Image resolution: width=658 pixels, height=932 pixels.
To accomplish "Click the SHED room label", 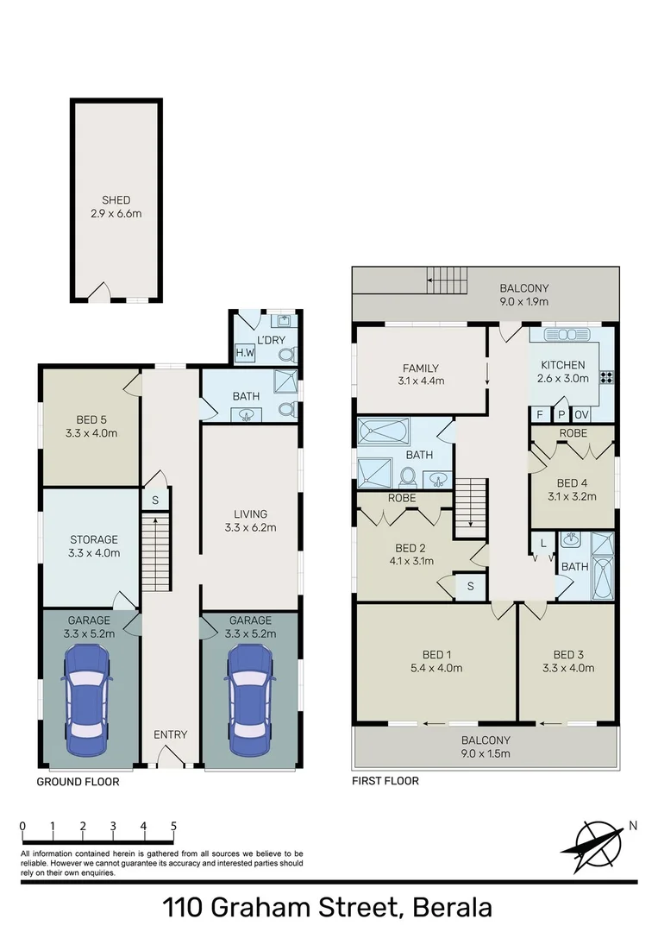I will point(116,200).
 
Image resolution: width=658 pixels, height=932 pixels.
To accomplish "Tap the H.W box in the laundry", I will point(244,353).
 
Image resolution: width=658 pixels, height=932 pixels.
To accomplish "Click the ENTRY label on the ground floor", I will point(170,734).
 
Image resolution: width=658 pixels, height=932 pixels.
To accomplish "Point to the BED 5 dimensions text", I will point(90,433).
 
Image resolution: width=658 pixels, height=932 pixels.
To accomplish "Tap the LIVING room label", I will point(250,514).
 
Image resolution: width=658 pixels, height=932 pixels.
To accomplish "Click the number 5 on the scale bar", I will point(173,826).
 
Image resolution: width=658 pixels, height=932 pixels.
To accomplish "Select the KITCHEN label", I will point(563,365).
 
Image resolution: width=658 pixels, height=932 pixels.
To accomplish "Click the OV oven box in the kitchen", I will point(581,414).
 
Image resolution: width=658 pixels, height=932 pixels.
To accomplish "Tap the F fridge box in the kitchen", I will point(540,414).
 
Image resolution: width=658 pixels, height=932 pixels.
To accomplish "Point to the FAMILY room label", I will point(422,368).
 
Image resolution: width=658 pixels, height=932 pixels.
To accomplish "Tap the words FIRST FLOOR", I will point(385,781).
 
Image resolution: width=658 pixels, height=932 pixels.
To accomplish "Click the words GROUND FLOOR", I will point(78,782).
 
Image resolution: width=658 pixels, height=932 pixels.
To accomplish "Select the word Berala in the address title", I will point(453,908).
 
